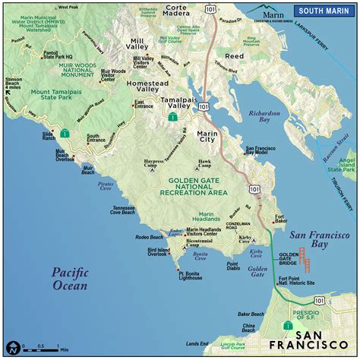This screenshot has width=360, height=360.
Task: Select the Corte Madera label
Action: coord(180,13)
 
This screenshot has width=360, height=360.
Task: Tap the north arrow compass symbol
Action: coord(11,347)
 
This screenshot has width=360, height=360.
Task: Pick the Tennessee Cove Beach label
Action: coord(131,211)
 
